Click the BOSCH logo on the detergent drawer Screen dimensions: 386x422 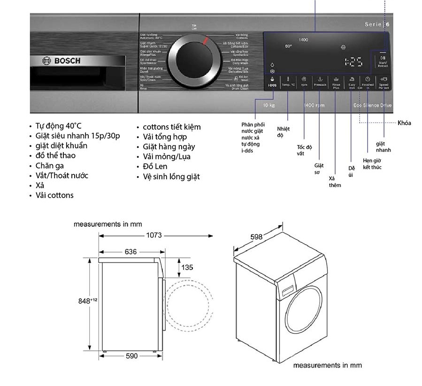click(x=61, y=61)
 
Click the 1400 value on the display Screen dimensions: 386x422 click(x=303, y=40)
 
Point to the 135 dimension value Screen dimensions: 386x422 click(x=187, y=268)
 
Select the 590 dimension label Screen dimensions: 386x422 click(x=132, y=356)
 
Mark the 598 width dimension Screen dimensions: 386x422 click(x=256, y=237)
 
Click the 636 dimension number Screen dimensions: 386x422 click(x=131, y=252)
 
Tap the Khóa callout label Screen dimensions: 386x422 click(x=404, y=123)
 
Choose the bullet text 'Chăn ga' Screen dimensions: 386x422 click(x=50, y=166)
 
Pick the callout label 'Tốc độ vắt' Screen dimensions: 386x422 click(x=304, y=150)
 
